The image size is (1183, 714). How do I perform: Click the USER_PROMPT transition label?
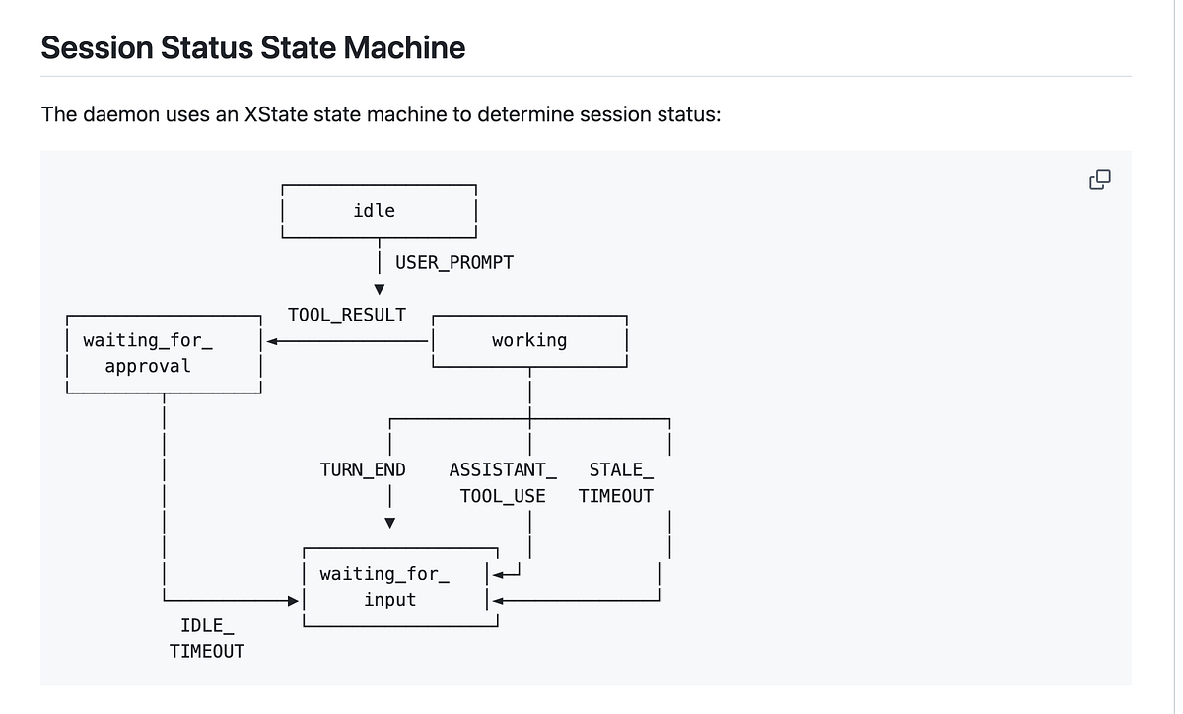click(454, 262)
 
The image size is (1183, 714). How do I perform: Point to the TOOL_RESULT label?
click(346, 315)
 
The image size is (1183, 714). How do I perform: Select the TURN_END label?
click(363, 469)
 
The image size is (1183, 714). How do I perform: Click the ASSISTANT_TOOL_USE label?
click(503, 483)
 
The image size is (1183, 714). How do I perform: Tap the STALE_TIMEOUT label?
click(616, 483)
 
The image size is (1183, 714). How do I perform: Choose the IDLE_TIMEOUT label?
click(207, 638)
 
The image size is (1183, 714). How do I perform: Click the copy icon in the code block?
click(1100, 179)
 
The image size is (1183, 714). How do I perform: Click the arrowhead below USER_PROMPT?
click(380, 289)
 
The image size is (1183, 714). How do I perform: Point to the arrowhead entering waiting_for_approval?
click(272, 341)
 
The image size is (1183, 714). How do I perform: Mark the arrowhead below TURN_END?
click(389, 523)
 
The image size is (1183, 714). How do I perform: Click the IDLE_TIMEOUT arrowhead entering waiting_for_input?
click(293, 601)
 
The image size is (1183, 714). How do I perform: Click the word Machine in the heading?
click(404, 47)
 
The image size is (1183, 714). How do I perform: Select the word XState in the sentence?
click(276, 114)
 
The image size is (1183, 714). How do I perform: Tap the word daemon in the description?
click(121, 114)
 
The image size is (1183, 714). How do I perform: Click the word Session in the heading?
click(98, 47)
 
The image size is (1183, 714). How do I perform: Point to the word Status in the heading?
click(207, 47)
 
